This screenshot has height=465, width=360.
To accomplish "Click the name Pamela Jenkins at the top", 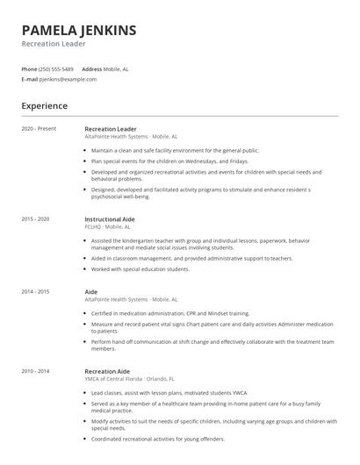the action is [79, 31].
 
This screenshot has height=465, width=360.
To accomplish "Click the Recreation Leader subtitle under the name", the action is [54, 44].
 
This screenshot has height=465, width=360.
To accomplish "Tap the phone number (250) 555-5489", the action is [56, 68].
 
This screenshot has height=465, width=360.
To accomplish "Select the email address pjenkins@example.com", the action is [68, 79].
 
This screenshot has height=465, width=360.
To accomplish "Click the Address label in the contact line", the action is [92, 68].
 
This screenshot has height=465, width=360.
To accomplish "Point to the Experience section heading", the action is [44, 106].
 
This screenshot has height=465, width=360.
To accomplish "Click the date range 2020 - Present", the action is [39, 129].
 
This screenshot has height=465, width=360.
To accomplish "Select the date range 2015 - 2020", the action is [36, 218].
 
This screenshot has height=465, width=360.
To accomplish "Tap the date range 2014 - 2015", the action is [36, 291].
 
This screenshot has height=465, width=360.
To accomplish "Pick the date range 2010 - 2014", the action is [36, 371].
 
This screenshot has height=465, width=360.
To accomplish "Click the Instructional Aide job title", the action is [109, 218].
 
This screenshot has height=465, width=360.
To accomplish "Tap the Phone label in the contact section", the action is [29, 68].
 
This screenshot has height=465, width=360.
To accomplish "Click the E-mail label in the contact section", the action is [30, 79].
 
